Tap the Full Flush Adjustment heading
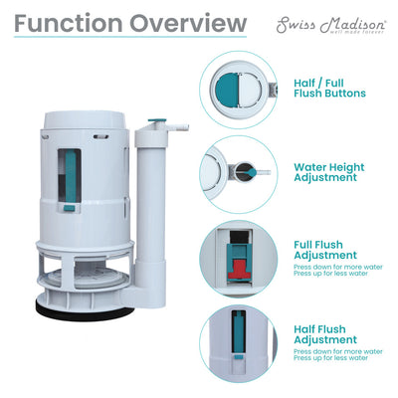coord(321,249)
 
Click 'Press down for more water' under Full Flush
coord(335,268)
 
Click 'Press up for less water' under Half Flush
coord(332,359)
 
